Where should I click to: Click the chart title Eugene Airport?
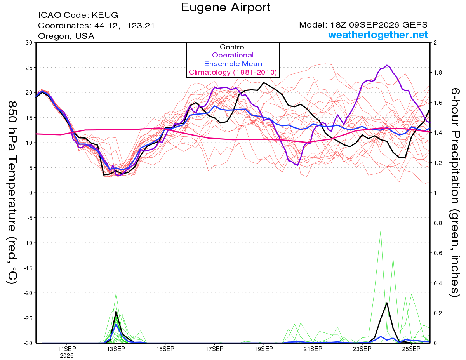click(x=225, y=8)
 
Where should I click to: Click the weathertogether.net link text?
click(x=378, y=35)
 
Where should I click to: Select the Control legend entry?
click(x=233, y=47)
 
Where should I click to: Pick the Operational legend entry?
click(x=233, y=55)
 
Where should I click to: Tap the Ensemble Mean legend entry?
click(x=233, y=64)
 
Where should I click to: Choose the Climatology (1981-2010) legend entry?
click(x=233, y=72)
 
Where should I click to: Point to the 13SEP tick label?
click(x=116, y=349)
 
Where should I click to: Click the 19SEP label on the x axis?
click(x=264, y=349)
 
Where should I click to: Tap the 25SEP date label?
click(x=411, y=349)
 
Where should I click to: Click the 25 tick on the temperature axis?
click(x=29, y=68)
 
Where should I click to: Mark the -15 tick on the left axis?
click(x=28, y=268)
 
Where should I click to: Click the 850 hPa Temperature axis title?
click(x=12, y=193)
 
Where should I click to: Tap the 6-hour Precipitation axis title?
click(x=455, y=193)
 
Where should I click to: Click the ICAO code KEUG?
click(x=105, y=15)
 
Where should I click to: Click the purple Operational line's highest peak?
click(x=387, y=65)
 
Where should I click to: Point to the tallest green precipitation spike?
click(x=381, y=230)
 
